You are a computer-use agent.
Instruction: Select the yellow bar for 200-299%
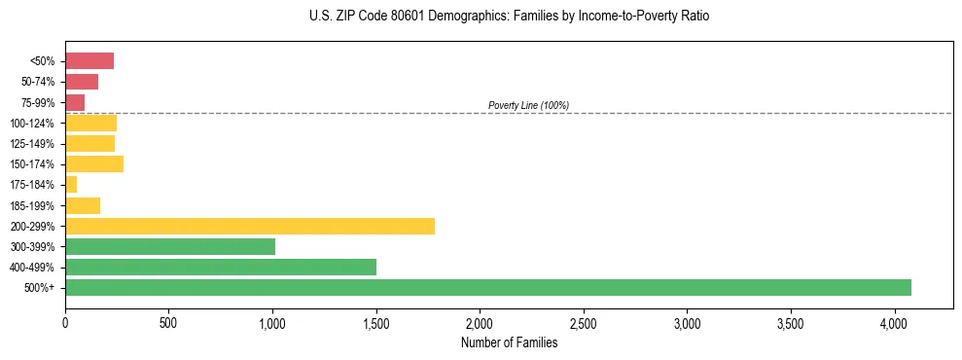[x=250, y=226]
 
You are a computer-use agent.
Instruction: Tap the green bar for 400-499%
[x=221, y=267]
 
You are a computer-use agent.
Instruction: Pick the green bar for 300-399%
[x=170, y=246]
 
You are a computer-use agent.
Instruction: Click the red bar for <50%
[x=89, y=61]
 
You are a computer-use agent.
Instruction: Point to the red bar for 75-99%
[x=75, y=102]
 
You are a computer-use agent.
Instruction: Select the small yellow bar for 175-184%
[x=71, y=184]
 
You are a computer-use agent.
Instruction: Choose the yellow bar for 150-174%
[x=94, y=163]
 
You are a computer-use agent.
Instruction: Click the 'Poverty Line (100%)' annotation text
[x=528, y=105]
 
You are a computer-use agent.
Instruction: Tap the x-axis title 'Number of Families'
[x=509, y=342]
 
